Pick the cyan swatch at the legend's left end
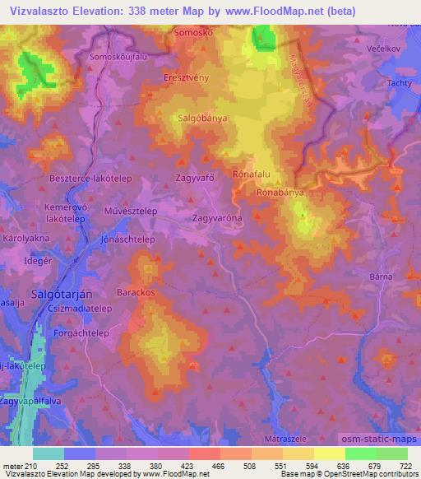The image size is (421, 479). [49, 453]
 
